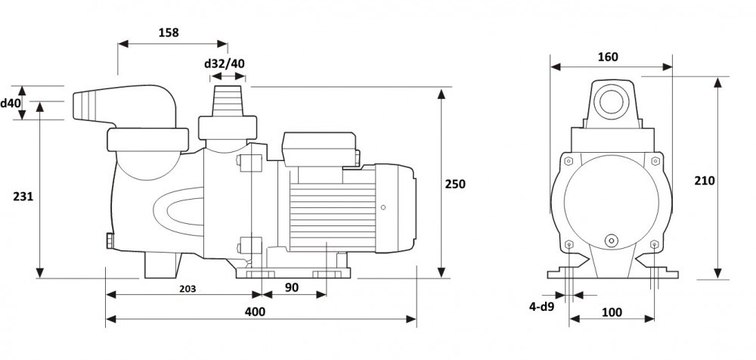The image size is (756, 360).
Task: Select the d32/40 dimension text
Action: pos(225,64)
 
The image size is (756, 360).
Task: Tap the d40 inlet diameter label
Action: pos(10,102)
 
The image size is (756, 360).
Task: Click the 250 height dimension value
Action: pos(455,184)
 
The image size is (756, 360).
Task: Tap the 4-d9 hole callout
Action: pos(543,306)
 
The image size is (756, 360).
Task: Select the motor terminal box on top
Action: pos(318,148)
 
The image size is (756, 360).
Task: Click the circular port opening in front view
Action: pos(609,99)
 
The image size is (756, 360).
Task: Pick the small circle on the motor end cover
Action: pos(384,206)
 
